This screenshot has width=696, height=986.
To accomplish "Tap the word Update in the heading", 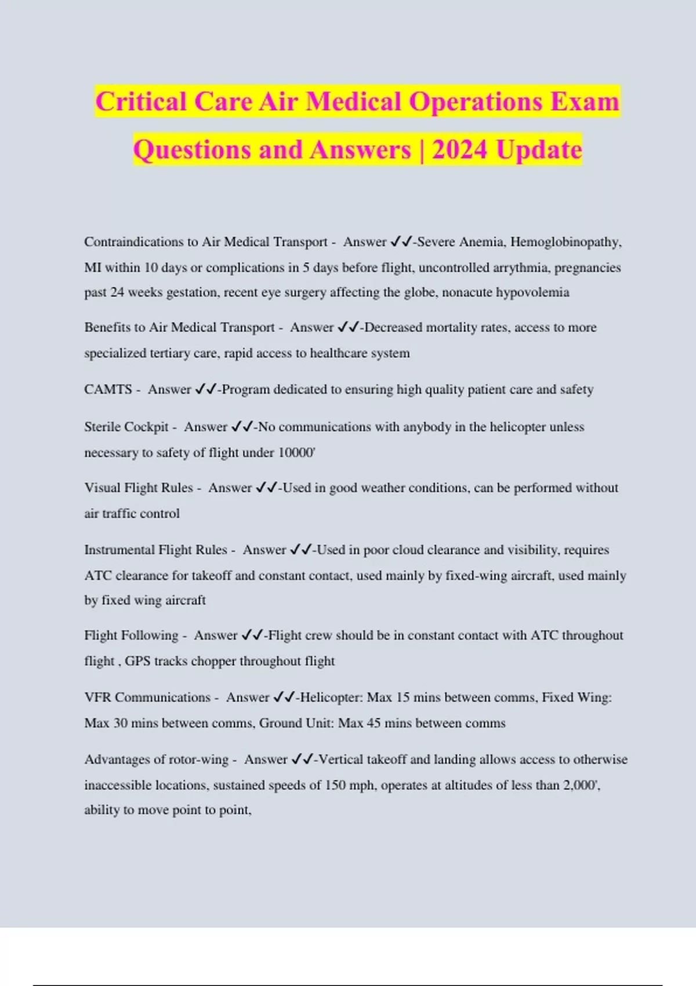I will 539,150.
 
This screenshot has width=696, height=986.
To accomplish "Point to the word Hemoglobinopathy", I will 565,242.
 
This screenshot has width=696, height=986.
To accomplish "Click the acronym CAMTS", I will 108,389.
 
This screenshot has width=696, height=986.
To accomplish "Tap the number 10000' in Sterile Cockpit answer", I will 296,452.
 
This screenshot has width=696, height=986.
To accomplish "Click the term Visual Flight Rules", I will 138,488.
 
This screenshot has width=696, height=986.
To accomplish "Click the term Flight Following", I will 131,635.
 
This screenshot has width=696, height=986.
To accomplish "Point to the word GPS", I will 137,661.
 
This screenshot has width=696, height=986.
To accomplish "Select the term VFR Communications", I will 147,697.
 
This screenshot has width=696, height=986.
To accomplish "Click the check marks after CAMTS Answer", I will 206,389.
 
